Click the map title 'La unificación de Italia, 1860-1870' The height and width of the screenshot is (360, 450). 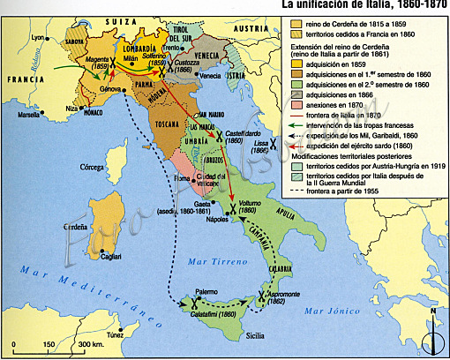[364, 5]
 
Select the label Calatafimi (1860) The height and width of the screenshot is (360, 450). [209, 314]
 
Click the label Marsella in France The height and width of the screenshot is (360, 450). [30, 115]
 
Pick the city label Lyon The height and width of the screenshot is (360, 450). [37, 38]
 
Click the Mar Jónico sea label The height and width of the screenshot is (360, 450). [326, 312]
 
